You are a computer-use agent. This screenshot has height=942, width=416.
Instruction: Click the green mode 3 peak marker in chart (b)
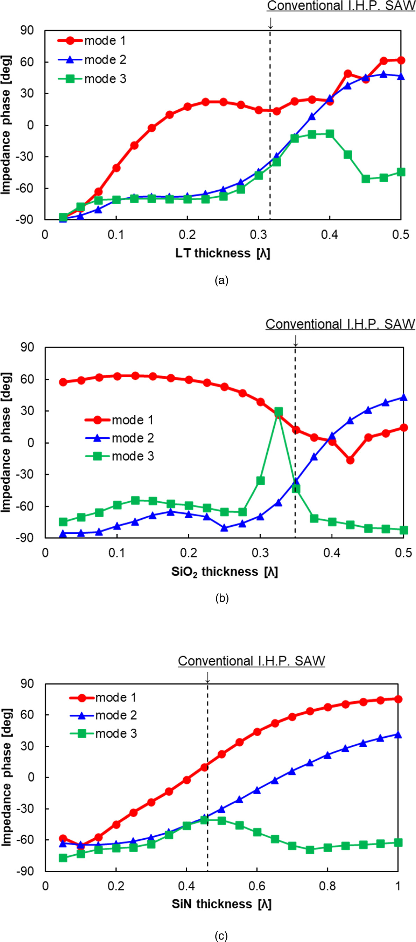click(278, 412)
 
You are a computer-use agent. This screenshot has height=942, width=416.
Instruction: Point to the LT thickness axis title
click(223, 253)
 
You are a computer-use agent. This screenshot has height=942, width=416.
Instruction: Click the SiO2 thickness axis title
click(225, 571)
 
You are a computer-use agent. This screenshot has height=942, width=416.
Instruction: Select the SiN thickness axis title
click(221, 904)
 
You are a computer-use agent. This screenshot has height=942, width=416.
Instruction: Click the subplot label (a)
click(221, 280)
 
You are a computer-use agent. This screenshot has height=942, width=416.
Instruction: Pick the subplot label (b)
click(222, 599)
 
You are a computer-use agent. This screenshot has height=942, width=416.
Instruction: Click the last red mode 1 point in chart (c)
click(398, 699)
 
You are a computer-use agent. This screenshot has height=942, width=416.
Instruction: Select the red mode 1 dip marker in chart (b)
click(350, 460)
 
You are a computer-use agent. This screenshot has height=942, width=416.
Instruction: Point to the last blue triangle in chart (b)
click(403, 397)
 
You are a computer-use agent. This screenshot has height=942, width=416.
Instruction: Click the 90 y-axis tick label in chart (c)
click(27, 684)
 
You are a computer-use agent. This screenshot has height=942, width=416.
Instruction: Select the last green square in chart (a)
click(401, 172)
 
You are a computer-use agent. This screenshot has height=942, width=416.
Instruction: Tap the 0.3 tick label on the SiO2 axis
click(260, 553)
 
